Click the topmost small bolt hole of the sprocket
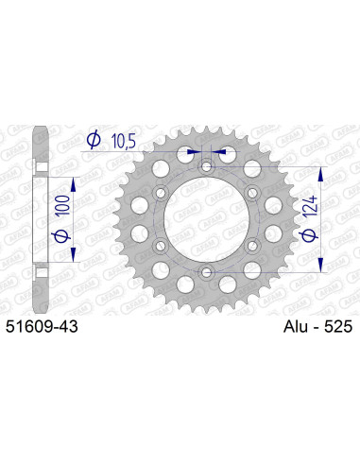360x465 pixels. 206,167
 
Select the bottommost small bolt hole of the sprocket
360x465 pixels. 206,274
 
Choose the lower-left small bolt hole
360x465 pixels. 160,248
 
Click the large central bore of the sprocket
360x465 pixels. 206,221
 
